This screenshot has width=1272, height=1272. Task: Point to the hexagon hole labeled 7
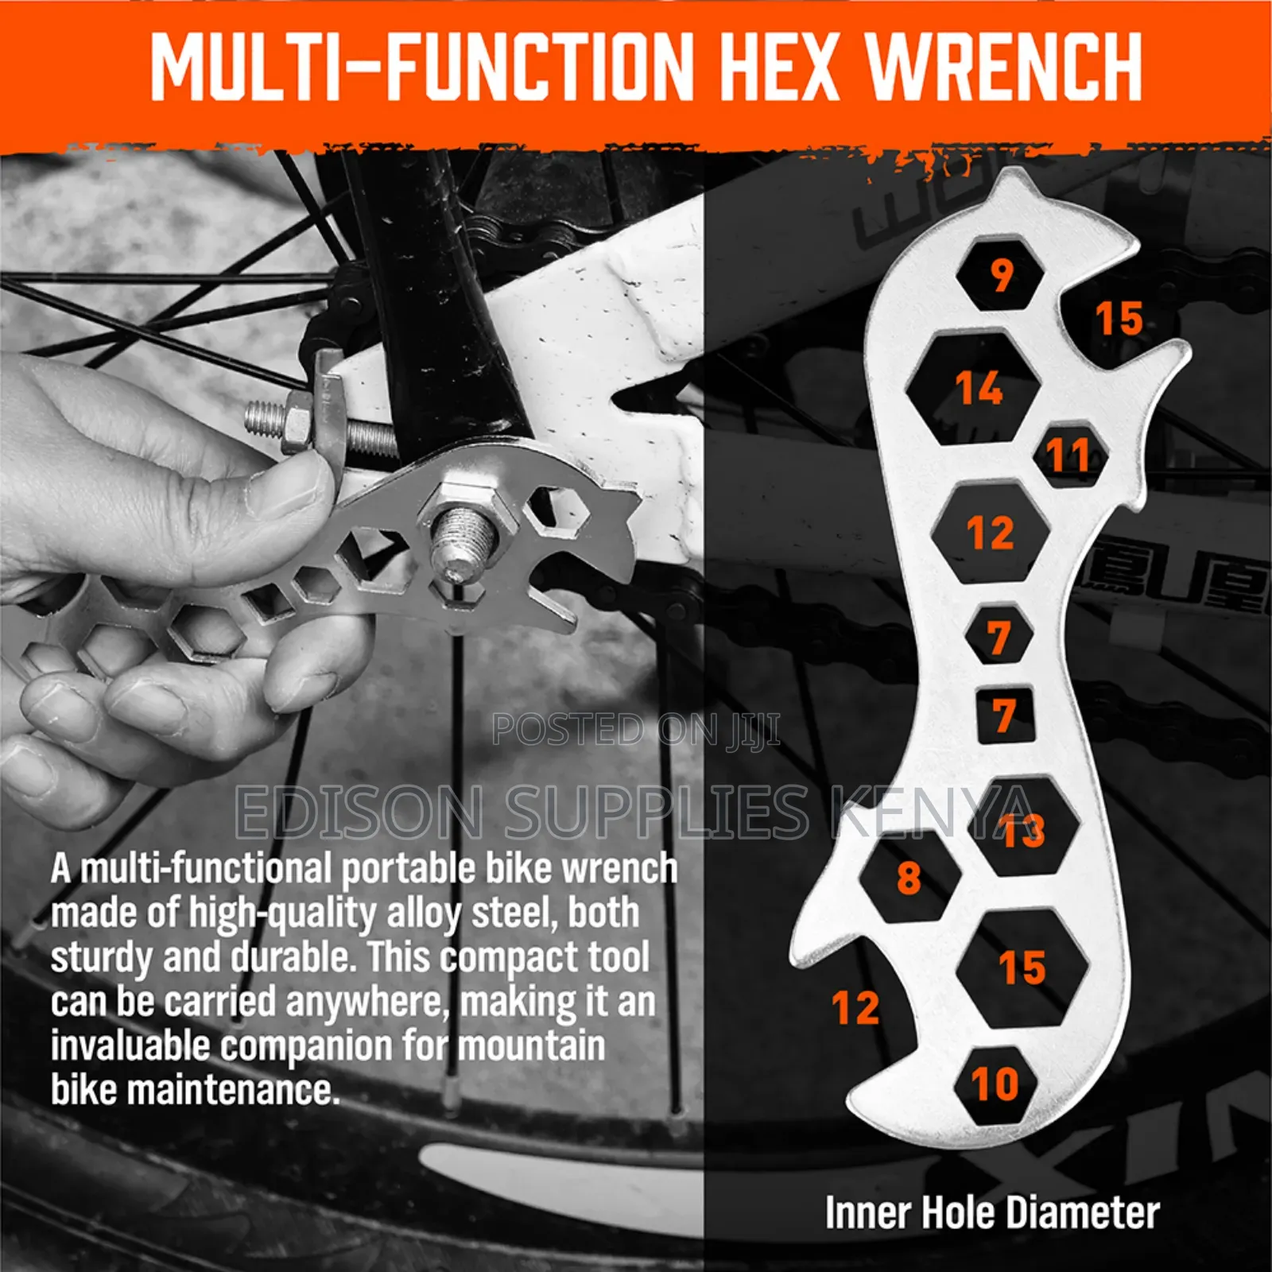pyautogui.click(x=999, y=636)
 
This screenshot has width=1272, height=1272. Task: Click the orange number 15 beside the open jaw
pyautogui.click(x=1119, y=318)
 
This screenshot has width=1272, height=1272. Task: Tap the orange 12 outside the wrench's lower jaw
pyautogui.click(x=855, y=1008)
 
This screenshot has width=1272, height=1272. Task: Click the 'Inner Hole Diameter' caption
pyautogui.click(x=991, y=1213)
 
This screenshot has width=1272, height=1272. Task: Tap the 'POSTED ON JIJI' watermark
pyautogui.click(x=636, y=730)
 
